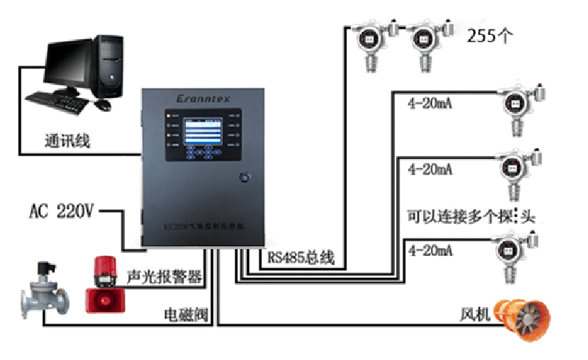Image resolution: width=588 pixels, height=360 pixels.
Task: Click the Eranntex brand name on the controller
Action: [204, 98]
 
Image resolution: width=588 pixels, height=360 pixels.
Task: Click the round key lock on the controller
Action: [243, 177]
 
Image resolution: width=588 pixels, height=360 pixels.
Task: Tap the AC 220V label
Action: [61, 211]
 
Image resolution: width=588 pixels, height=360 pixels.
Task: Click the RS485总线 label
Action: [301, 258]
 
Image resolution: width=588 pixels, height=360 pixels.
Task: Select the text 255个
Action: [491, 36]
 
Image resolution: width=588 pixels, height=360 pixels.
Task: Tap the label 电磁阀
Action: [184, 315]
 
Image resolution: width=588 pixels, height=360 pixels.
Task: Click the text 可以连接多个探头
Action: [471, 216]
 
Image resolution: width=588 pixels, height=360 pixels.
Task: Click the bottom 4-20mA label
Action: [430, 251]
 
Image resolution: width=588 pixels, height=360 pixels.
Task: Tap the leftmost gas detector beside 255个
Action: [367, 42]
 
